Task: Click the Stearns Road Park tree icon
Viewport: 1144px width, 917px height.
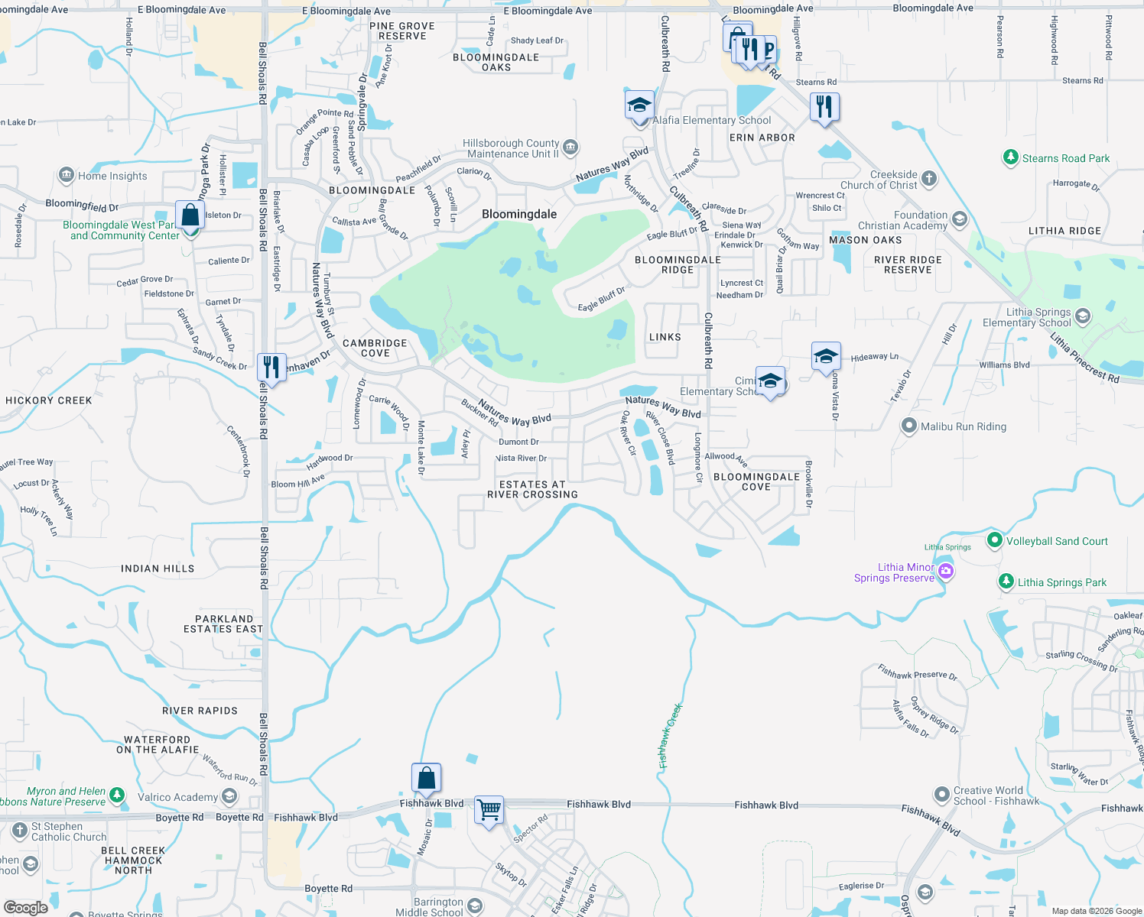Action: [x=1011, y=157]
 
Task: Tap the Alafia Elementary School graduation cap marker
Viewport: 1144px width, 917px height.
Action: [x=639, y=105]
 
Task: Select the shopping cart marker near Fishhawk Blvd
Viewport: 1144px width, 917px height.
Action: [x=489, y=808]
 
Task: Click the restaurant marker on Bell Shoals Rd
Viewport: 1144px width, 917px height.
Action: [x=271, y=368]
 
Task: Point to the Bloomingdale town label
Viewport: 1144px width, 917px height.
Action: [x=519, y=214]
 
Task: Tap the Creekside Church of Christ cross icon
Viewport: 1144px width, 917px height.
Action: [x=929, y=179]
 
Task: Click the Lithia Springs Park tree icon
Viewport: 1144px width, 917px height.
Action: [x=1006, y=582]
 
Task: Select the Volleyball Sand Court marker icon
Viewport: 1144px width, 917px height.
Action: [x=994, y=540]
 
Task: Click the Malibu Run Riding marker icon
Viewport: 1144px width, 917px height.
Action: [x=908, y=426]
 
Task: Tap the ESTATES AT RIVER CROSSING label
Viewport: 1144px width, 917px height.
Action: [x=533, y=489]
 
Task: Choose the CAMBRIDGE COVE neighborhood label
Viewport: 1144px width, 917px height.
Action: [x=375, y=348]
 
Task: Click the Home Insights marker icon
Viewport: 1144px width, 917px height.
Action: [x=67, y=175]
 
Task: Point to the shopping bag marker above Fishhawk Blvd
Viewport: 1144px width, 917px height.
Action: [x=426, y=778]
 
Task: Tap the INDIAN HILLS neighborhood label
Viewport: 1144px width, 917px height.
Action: [x=158, y=569]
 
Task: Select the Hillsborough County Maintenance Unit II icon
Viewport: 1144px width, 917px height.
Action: [x=570, y=147]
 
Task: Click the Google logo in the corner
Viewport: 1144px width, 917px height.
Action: [x=25, y=907]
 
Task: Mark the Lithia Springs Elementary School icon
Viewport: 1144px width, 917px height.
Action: [x=1083, y=316]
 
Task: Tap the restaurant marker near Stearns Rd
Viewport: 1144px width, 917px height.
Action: [x=824, y=107]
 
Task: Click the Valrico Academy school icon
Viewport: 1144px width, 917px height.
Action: [x=229, y=797]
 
